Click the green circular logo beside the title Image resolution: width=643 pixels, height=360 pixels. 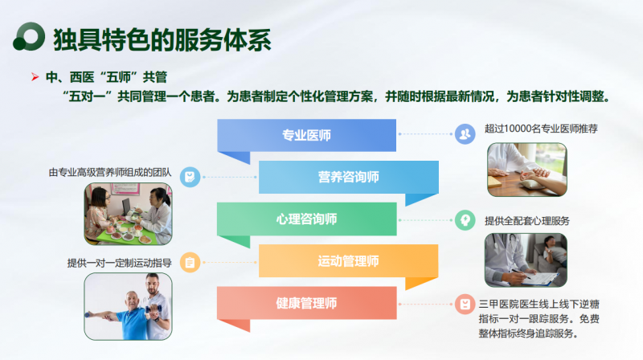29,37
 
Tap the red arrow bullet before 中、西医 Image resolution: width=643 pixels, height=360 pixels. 35,76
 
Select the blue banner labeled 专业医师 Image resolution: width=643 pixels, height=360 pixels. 306,135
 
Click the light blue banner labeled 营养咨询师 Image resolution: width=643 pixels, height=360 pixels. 349,177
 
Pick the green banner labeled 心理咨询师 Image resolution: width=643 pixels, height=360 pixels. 306,219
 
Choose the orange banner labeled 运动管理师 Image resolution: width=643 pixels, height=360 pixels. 349,261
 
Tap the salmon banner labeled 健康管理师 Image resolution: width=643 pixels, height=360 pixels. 306,303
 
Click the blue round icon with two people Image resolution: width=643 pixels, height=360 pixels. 465,134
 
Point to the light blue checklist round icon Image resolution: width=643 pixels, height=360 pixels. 190,177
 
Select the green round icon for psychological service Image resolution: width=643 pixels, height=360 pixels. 465,220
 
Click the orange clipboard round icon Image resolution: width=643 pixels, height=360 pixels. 190,263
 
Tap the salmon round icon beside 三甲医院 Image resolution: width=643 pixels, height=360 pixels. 465,305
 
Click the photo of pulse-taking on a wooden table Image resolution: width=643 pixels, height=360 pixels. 527,170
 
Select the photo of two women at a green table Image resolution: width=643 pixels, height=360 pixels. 128,214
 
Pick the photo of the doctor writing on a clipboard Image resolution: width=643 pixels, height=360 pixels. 526,260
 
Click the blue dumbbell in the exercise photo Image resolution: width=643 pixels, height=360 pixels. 154,308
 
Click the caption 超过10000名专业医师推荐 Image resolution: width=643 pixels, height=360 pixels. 541,129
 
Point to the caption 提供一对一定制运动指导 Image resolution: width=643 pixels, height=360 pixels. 119,263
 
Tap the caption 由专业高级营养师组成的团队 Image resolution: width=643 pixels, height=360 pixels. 110,172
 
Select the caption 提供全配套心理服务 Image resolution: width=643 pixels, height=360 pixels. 527,221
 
